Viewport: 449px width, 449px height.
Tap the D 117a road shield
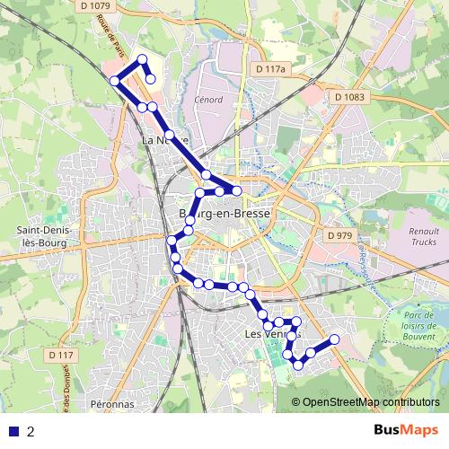[269, 69]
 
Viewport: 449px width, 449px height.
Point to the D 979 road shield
[339, 235]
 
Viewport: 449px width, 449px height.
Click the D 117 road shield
[61, 356]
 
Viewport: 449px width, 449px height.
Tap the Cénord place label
[208, 101]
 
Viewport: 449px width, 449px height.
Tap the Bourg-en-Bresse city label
[225, 214]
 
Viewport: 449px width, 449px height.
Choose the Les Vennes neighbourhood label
[269, 334]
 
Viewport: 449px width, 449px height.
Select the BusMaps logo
[406, 430]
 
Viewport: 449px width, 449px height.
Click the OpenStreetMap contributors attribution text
[370, 402]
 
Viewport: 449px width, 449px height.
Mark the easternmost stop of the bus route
[335, 339]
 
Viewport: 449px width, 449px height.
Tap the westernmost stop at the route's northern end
[114, 81]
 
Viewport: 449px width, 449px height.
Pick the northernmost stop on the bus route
[142, 60]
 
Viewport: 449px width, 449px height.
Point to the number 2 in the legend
[31, 431]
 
